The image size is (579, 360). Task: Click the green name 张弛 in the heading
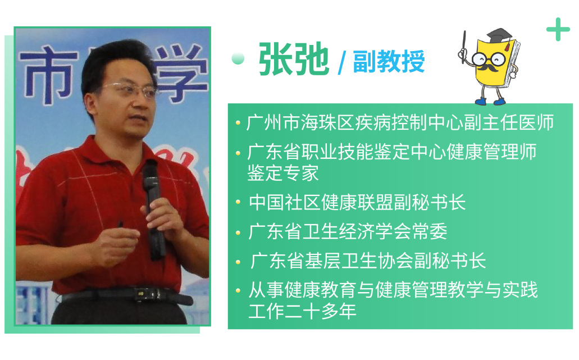(294, 59)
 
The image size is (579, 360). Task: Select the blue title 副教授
(389, 61)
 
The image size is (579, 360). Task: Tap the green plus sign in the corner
(558, 29)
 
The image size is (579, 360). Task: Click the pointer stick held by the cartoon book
(464, 47)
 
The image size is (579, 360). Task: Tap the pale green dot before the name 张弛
(238, 58)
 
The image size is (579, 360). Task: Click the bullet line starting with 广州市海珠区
(400, 122)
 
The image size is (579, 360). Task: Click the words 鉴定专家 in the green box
(283, 173)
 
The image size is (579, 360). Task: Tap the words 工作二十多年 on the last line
(303, 311)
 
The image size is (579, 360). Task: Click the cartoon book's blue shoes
(490, 101)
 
